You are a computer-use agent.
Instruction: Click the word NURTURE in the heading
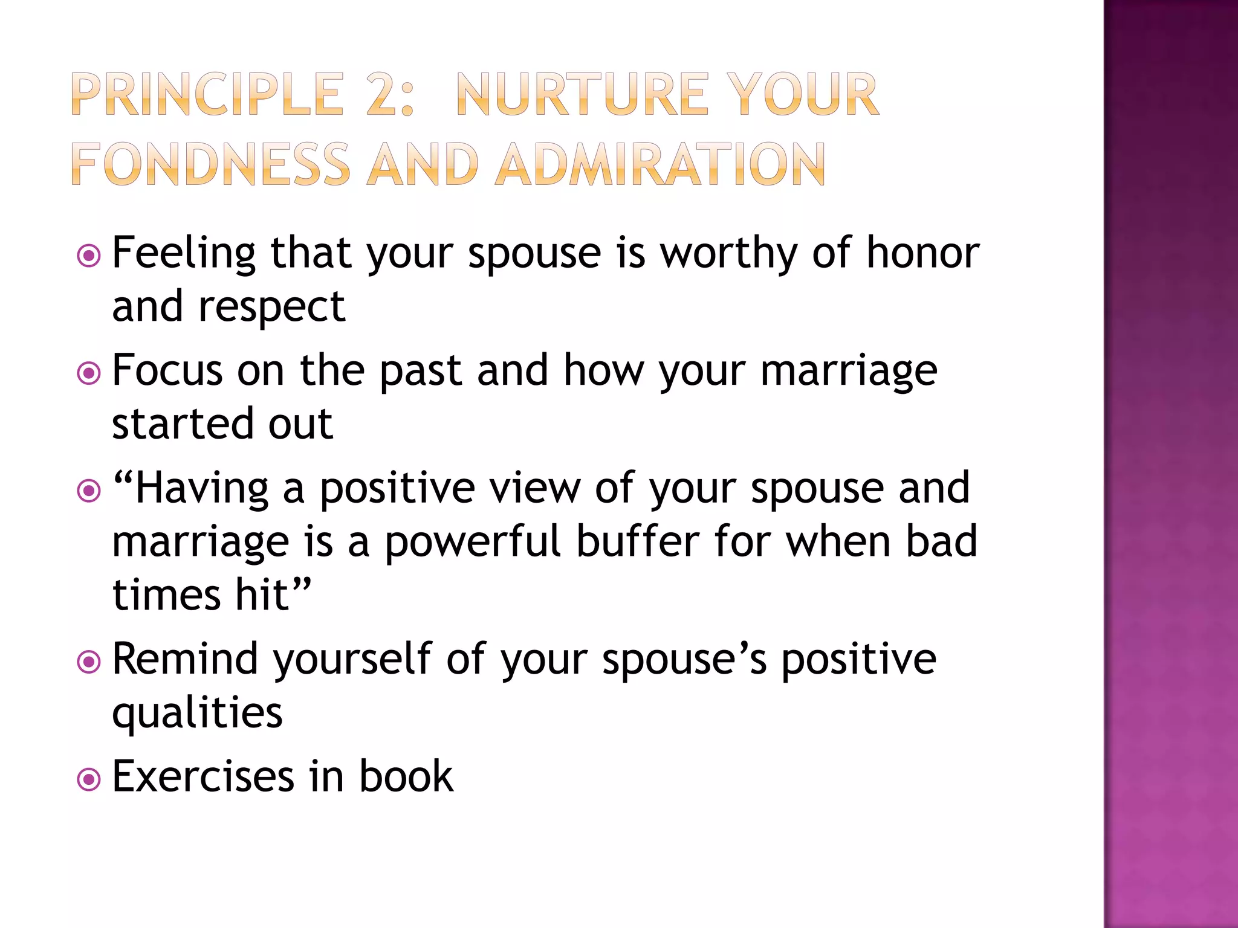click(x=582, y=95)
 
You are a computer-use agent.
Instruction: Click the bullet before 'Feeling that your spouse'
click(x=89, y=256)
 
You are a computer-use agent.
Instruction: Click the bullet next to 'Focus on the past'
click(x=89, y=373)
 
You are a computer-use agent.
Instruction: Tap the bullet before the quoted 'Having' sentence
click(x=89, y=491)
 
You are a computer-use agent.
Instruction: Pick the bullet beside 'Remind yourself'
click(x=89, y=662)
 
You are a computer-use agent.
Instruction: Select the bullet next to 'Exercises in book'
click(x=89, y=779)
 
